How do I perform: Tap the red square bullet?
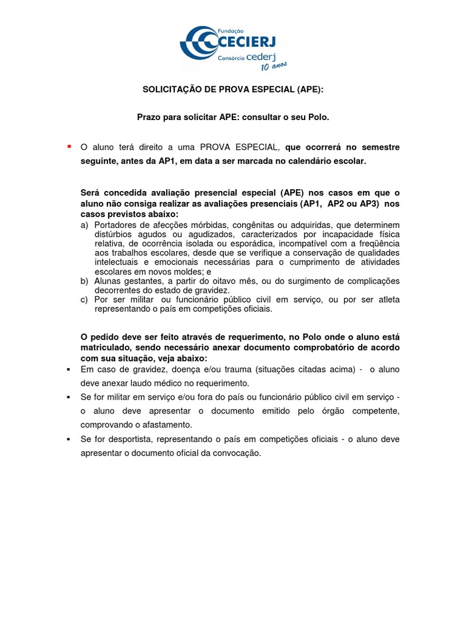point(69,146)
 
